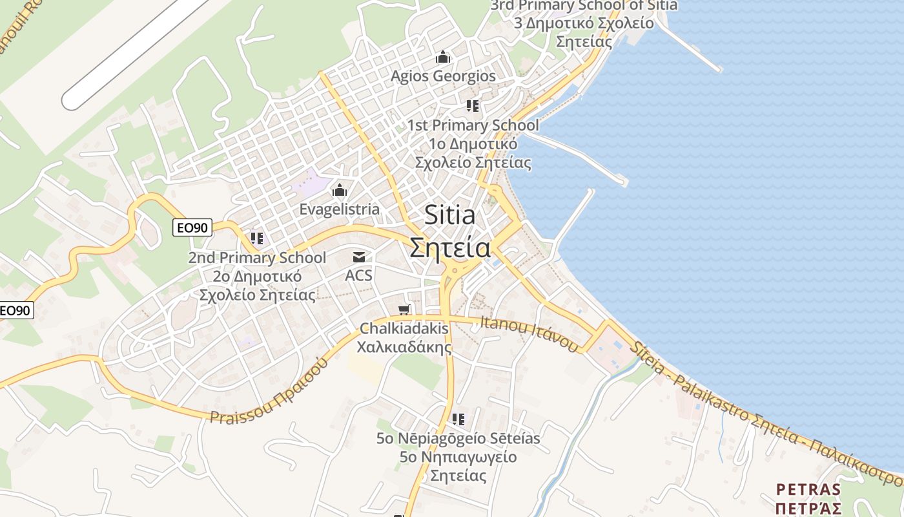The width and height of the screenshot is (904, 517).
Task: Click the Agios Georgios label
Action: [443, 76]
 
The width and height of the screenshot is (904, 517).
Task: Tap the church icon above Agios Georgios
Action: [443, 58]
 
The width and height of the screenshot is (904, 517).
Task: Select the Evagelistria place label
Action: [339, 209]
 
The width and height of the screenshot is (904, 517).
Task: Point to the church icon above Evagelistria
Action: [339, 191]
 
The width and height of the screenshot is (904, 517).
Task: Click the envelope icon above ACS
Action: [359, 257]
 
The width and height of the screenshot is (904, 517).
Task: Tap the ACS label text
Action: [359, 275]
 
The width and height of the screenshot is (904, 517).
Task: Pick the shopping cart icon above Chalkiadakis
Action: [404, 310]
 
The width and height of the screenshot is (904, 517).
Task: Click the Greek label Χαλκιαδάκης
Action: [404, 347]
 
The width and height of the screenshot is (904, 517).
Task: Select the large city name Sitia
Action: [450, 216]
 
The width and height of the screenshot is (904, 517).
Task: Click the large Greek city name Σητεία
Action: [450, 248]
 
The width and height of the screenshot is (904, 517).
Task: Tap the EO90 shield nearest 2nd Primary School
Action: [192, 227]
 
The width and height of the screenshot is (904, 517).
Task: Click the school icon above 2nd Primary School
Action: [257, 238]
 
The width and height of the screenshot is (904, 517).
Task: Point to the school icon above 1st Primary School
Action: [473, 106]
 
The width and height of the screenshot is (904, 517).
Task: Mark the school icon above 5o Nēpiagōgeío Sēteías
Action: [458, 419]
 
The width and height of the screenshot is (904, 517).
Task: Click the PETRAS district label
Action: [808, 489]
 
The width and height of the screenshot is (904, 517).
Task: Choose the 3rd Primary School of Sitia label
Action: [584, 6]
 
